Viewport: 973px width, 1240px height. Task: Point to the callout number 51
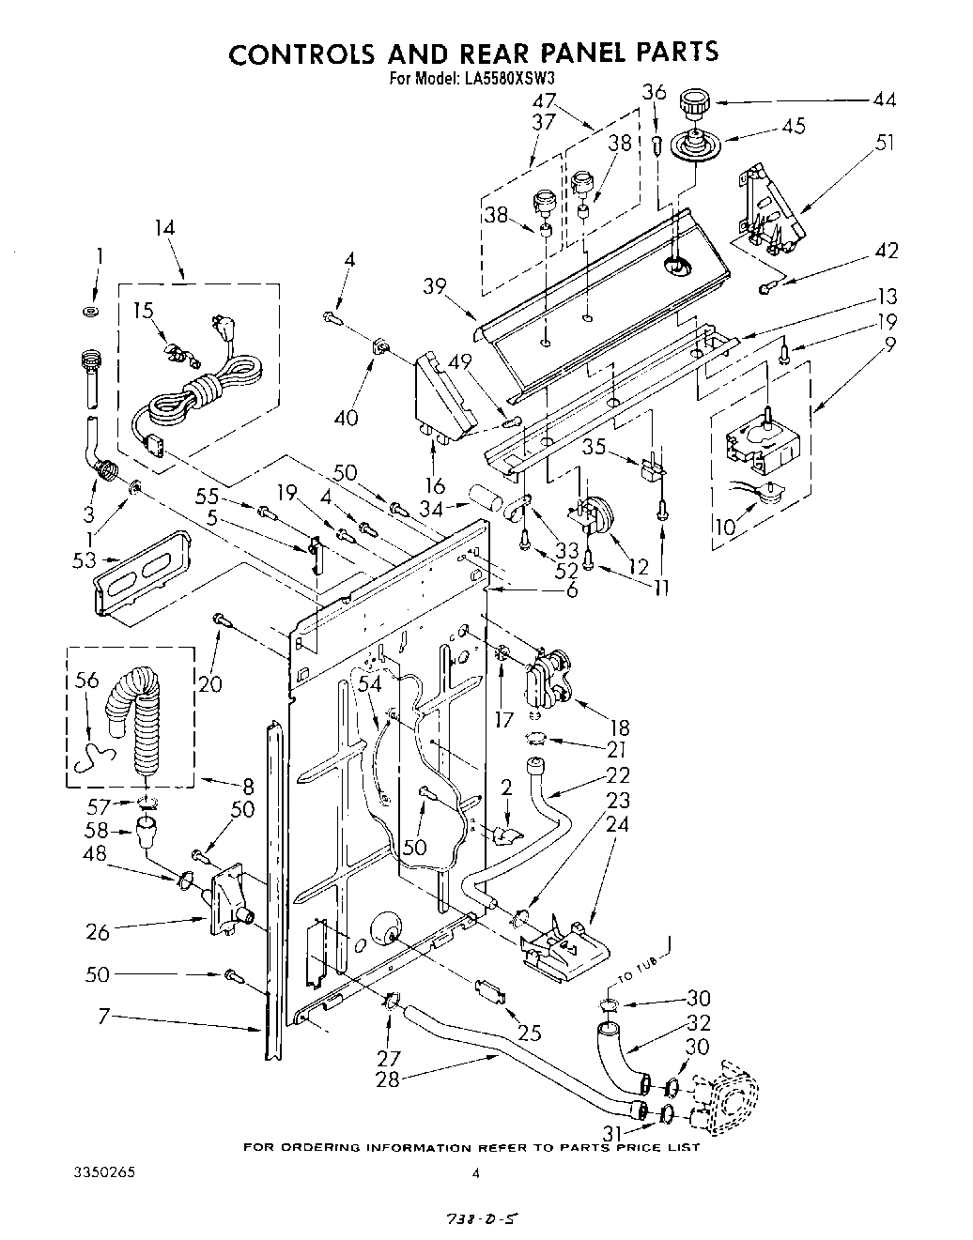click(x=884, y=144)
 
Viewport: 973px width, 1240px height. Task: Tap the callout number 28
click(x=387, y=1079)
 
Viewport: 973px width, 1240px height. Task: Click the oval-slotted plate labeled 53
click(x=141, y=583)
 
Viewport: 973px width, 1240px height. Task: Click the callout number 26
click(x=99, y=932)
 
